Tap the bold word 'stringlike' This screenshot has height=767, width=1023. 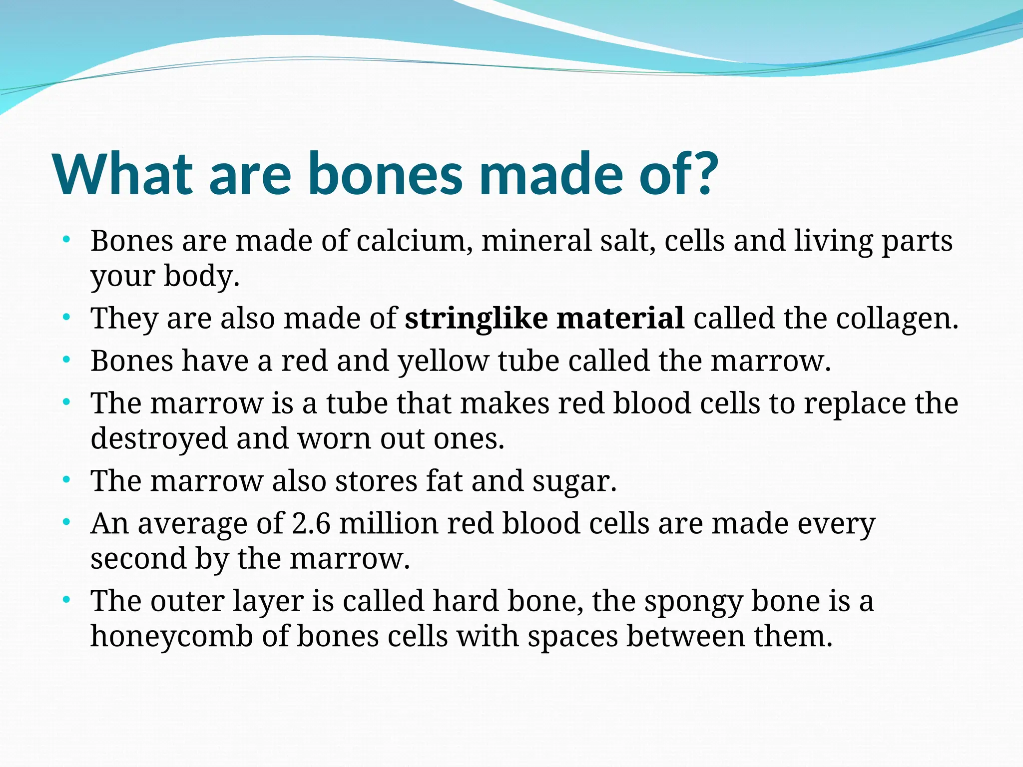point(476,318)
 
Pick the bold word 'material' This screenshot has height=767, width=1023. point(620,318)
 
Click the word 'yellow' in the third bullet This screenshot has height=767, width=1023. point(443,362)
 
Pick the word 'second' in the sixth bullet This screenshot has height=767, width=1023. point(138,559)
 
